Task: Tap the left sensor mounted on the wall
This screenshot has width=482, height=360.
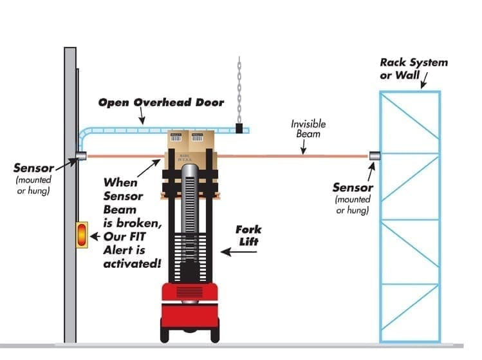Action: [x=80, y=155]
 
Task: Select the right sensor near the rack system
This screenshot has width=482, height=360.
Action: [x=374, y=155]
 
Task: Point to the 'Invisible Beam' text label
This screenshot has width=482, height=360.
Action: [x=308, y=129]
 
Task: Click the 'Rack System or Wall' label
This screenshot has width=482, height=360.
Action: [x=413, y=69]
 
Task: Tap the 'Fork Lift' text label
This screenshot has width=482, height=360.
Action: [x=248, y=236]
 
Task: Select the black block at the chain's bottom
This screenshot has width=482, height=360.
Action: [x=239, y=128]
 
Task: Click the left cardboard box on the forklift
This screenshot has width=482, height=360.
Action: [x=178, y=141]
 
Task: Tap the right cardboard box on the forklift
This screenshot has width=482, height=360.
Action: [x=201, y=141]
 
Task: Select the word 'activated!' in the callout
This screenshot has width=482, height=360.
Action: [x=133, y=263]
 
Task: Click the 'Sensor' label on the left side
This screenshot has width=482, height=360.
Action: [x=33, y=169]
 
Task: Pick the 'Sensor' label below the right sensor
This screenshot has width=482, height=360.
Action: [x=352, y=187]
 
